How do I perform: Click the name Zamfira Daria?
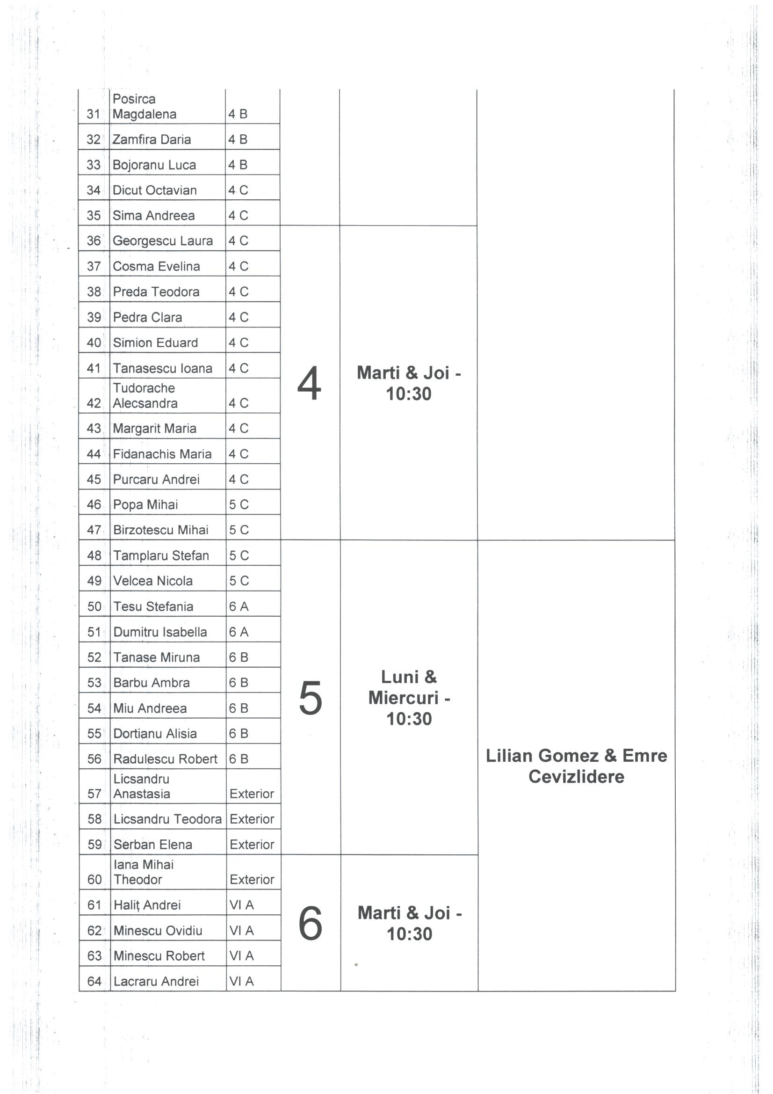pyautogui.click(x=152, y=139)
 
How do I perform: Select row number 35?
pyautogui.click(x=94, y=216)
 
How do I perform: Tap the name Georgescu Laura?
pyautogui.click(x=162, y=241)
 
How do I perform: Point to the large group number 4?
pyautogui.click(x=309, y=384)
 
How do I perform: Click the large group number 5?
pyautogui.click(x=310, y=698)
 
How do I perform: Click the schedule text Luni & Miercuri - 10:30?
pyautogui.click(x=409, y=698)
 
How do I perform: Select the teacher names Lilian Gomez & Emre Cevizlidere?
pyautogui.click(x=576, y=766)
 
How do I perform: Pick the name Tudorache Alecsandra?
pyautogui.click(x=144, y=395)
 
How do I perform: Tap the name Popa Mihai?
pyautogui.click(x=145, y=504)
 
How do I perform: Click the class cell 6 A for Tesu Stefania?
pyautogui.click(x=238, y=606)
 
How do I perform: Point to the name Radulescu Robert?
pyautogui.click(x=165, y=759)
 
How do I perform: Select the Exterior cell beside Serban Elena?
pyautogui.click(x=252, y=845)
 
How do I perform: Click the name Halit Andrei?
pyautogui.click(x=147, y=905)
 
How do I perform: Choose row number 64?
pyautogui.click(x=94, y=981)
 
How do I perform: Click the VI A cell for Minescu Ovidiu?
pyautogui.click(x=241, y=931)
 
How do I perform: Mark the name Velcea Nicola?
pyautogui.click(x=153, y=581)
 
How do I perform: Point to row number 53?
pyautogui.click(x=94, y=683)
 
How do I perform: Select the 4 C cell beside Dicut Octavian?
pyautogui.click(x=238, y=190)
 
